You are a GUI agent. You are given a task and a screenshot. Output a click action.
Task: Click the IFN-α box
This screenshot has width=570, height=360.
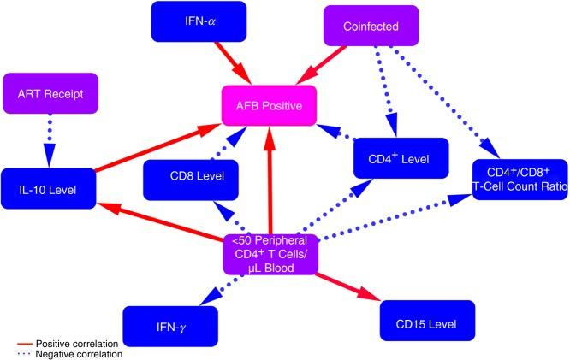[198, 20]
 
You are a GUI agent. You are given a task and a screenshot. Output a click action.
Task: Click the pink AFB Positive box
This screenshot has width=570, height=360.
[270, 106]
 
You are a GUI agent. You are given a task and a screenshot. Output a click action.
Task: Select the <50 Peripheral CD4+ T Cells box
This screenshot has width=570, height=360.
[270, 255]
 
